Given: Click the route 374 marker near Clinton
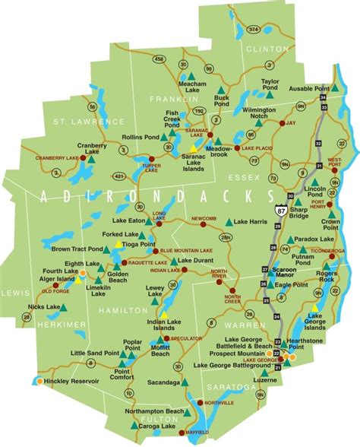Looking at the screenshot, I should click(x=274, y=30).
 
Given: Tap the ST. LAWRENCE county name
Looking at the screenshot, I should click(x=77, y=121).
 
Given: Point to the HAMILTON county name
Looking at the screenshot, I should click(x=122, y=311).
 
